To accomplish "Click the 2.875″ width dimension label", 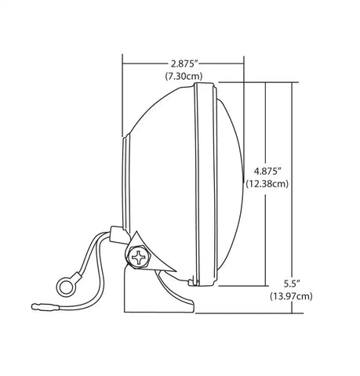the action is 184,63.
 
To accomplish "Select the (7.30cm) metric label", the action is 184,76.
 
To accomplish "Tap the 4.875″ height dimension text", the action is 267,172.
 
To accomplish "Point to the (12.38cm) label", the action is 267,184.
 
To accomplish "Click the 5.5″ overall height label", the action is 291,284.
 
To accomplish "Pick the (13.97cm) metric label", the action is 291,296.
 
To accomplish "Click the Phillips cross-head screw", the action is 138,257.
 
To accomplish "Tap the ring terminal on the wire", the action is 66,287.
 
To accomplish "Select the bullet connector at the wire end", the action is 45,307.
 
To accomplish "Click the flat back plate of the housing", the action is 126,183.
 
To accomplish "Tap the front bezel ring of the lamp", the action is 205,184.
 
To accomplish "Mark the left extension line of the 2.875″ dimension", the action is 122,96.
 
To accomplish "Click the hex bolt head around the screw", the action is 138,257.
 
